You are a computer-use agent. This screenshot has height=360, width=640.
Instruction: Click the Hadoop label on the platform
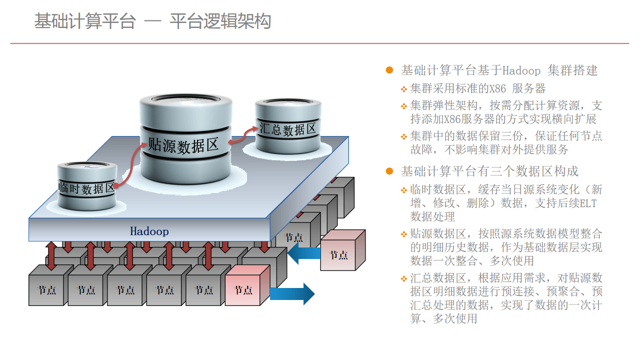[x=149, y=231]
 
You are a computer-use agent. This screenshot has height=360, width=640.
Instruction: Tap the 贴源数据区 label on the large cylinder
[x=183, y=145]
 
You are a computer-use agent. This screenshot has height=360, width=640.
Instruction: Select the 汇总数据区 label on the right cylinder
[x=287, y=129]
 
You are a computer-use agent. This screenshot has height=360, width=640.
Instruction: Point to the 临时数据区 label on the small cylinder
[x=86, y=188]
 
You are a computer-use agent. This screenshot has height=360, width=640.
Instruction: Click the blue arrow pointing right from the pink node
[x=292, y=293]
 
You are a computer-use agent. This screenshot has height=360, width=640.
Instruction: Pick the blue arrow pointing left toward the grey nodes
[x=304, y=253]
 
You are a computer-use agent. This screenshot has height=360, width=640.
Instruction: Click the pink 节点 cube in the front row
[x=247, y=285]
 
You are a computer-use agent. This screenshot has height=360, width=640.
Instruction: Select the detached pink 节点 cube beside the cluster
[x=343, y=250]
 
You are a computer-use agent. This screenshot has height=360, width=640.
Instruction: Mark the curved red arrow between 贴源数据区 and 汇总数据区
[x=243, y=135]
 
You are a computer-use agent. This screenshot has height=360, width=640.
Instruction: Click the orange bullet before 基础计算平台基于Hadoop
[x=389, y=70]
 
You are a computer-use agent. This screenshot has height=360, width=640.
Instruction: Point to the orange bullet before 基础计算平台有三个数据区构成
[x=389, y=171]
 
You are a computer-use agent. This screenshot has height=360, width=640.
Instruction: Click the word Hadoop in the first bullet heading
[x=521, y=70]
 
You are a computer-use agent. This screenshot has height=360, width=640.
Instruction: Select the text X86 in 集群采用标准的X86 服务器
[x=497, y=88]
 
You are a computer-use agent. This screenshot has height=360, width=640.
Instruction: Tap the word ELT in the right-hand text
[x=588, y=203]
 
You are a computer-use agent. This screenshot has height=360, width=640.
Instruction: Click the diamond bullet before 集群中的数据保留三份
[x=403, y=137]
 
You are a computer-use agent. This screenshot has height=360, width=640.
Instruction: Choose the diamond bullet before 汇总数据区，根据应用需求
[x=403, y=278]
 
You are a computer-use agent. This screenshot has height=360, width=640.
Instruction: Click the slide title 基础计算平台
[x=85, y=21]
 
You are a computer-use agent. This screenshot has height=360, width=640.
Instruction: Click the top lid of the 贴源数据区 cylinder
[x=185, y=99]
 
